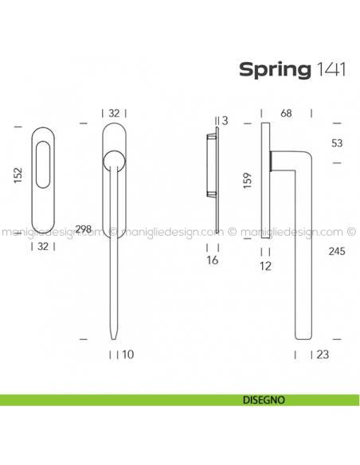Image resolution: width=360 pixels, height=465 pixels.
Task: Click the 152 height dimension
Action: pyautogui.click(x=18, y=177)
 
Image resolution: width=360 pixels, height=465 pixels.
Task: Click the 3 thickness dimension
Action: pyautogui.click(x=225, y=121)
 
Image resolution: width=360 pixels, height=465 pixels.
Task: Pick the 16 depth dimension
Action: pyautogui.click(x=211, y=260)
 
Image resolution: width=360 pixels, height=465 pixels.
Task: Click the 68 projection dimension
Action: pyautogui.click(x=285, y=113)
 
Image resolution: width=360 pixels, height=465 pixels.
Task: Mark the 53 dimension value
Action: pyautogui.click(x=337, y=143)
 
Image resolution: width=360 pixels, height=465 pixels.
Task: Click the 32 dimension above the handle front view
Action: pyautogui.click(x=115, y=113)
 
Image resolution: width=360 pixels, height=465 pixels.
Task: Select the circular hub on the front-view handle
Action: pyautogui.click(x=115, y=163)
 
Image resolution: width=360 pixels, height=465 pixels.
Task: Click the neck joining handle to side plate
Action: pyautogui.click(x=276, y=162)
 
